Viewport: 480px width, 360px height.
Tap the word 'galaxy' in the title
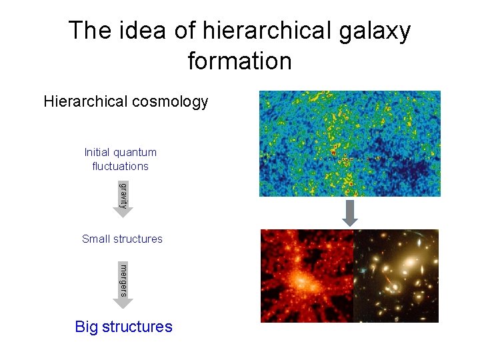[379, 31]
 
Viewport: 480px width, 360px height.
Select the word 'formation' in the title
[240, 61]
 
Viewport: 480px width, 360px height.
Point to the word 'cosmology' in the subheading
[170, 101]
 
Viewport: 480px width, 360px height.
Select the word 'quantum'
[136, 152]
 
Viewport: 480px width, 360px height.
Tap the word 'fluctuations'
[121, 165]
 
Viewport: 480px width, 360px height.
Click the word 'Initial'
[98, 152]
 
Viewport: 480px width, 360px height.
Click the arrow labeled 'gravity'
[122, 197]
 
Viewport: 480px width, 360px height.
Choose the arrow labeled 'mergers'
[123, 285]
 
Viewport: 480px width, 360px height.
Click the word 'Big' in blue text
[86, 327]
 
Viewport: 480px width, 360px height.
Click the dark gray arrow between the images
[350, 213]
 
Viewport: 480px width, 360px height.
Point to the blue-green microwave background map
[350, 143]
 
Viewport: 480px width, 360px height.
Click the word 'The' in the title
[89, 31]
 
